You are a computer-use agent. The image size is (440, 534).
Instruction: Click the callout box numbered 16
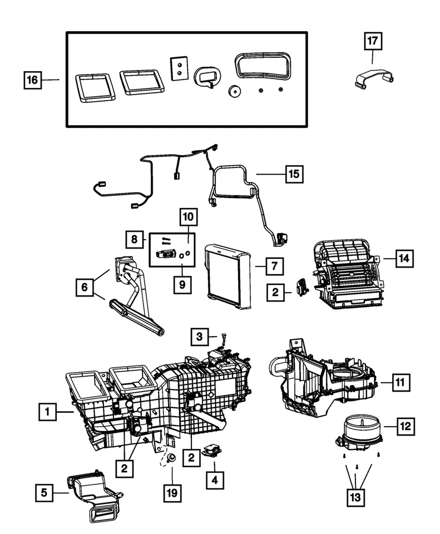[x=33, y=80]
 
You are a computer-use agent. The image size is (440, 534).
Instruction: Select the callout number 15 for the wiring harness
[x=293, y=174]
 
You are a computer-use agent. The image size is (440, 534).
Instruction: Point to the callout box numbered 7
[x=274, y=266]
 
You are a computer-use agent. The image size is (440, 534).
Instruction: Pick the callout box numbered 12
[x=405, y=427]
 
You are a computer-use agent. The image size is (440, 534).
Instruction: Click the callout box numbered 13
[x=356, y=496]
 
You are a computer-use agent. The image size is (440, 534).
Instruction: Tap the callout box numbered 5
[x=45, y=492]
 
